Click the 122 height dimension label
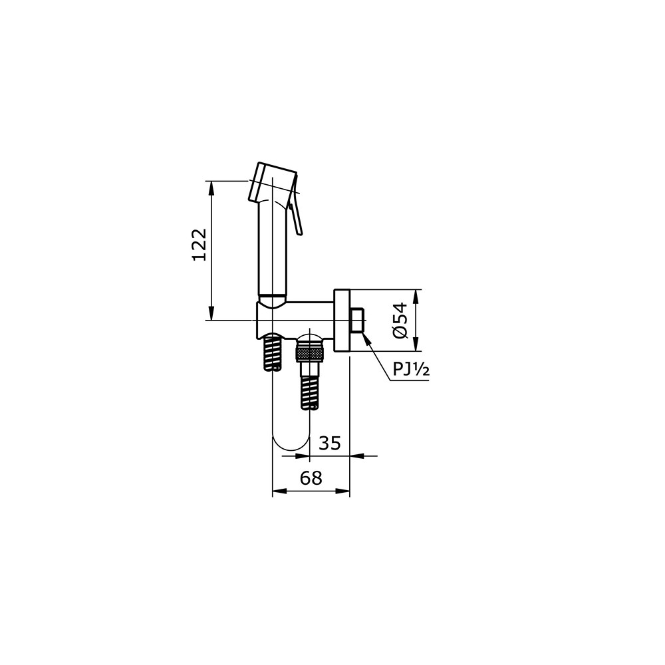click(199, 245)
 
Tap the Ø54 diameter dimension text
click(400, 321)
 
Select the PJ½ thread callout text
click(410, 369)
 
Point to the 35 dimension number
click(330, 443)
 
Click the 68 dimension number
click(311, 478)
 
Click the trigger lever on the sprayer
click(297, 205)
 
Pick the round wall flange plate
click(342, 321)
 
